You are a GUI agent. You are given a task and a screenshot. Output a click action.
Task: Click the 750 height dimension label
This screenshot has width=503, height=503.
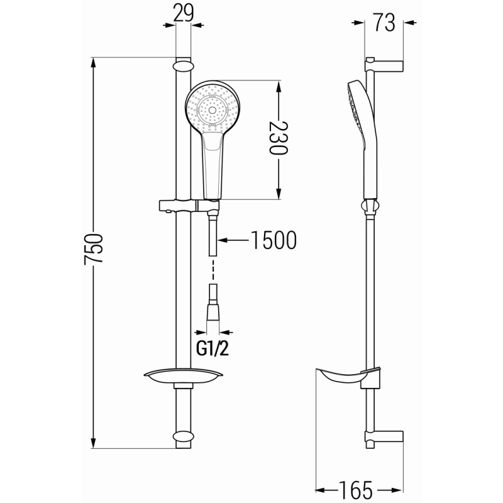tap(94, 251)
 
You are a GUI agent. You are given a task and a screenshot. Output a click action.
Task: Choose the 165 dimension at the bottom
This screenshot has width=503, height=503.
tap(359, 489)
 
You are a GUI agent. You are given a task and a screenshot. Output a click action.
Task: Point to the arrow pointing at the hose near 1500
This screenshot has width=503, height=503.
tap(233, 240)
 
